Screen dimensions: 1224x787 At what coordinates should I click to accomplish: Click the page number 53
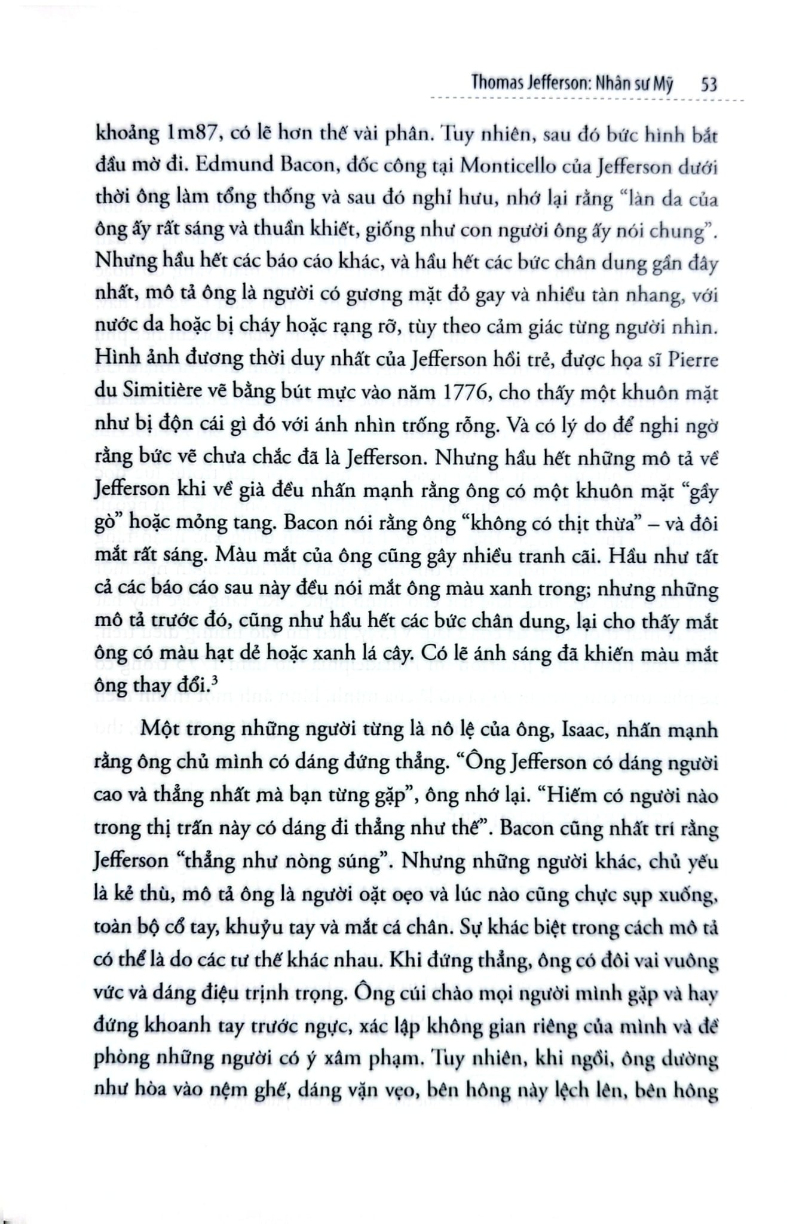pyautogui.click(x=708, y=84)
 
